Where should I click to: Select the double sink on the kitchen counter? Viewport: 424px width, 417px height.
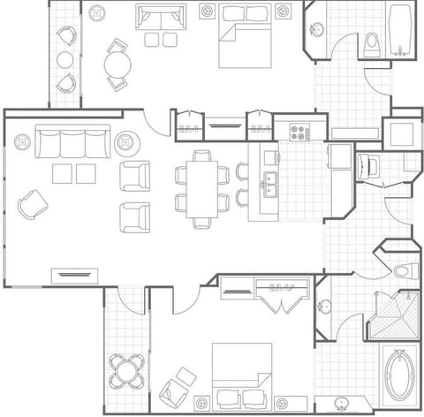coord(269,186)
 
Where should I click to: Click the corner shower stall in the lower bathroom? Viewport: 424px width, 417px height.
coord(390,315)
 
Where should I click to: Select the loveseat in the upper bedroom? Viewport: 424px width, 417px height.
coord(161,19)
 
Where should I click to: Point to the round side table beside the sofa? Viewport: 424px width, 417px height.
coord(125,142)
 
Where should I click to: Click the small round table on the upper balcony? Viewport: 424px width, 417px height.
coord(64,59)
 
